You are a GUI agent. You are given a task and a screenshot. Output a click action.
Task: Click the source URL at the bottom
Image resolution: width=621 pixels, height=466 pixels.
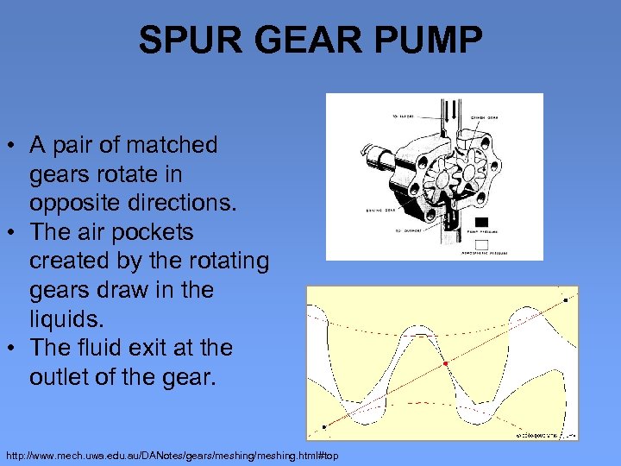click(x=172, y=455)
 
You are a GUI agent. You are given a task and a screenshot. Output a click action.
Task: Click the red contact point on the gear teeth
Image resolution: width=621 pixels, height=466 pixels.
click(x=445, y=364)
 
